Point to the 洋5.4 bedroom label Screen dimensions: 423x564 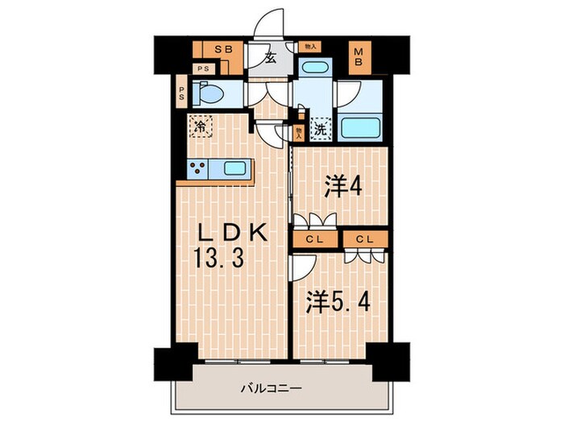[338, 305]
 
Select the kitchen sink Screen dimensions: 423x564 [234, 169]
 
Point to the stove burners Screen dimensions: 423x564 [198, 169]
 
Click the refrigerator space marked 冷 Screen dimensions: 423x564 [201, 126]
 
